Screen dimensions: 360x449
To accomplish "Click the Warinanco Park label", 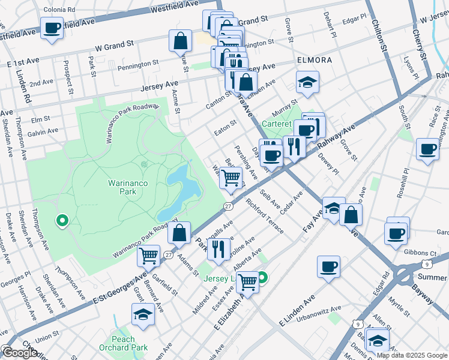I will coord(127,186).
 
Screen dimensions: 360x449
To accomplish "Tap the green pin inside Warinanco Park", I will coord(61,221).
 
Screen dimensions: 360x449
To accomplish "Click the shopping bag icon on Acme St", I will coord(180,41).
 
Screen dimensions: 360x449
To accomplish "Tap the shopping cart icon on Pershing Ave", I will coord(231,178).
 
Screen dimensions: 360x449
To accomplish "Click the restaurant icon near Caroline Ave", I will coord(218,248).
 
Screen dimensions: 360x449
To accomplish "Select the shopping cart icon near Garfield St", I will coord(148,256).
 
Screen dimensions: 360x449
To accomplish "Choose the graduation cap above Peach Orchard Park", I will coord(143,314).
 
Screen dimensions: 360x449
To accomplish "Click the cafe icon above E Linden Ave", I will coord(328,267).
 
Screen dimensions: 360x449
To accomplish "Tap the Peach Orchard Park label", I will coord(124,343).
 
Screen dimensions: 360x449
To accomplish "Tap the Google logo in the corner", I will coord(20,353).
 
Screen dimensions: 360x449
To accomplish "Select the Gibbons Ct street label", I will coord(420,253).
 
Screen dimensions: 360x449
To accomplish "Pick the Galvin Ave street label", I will coord(43,130).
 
